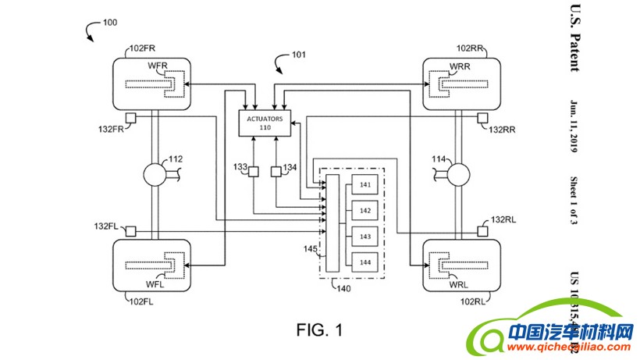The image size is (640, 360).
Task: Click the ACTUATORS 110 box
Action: tap(264, 124)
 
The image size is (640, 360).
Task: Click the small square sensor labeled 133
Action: tap(254, 172)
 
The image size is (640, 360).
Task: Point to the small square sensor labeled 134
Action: tap(276, 172)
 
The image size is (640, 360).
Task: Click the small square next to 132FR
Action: tap(130, 118)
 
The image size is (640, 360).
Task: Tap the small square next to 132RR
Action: tap(482, 118)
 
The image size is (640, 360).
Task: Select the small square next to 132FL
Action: tap(130, 231)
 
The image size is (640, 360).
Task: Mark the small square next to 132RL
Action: tap(482, 231)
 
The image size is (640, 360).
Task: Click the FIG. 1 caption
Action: tap(319, 330)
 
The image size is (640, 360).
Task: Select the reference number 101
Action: tap(298, 55)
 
